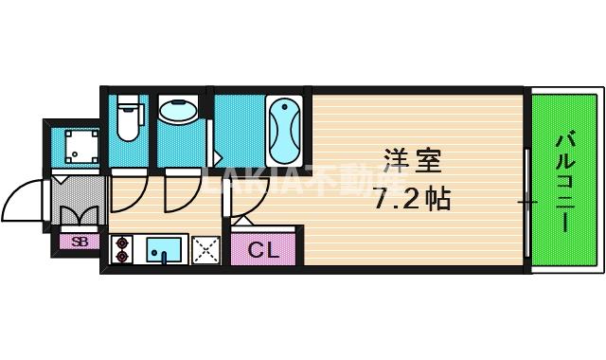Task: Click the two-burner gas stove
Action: coord(121,248)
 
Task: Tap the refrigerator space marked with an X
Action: coord(206,249)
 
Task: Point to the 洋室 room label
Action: coord(412,160)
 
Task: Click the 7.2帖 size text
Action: coord(410,199)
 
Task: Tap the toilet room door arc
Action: coord(128,194)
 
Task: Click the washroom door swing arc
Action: coord(180,193)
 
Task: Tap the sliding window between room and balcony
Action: coord(526,201)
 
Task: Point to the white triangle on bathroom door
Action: coord(217,156)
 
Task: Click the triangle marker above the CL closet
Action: coord(241,220)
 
